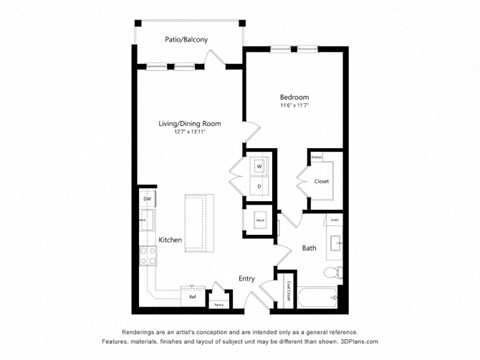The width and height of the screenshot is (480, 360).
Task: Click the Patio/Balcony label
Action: pyautogui.click(x=187, y=41)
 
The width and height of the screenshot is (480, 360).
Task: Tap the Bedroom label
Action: pyautogui.click(x=294, y=97)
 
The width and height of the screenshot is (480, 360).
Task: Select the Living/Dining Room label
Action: pyautogui.click(x=189, y=124)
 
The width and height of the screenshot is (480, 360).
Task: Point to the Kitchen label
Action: pyautogui.click(x=169, y=241)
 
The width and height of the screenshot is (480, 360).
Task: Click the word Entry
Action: pyautogui.click(x=246, y=278)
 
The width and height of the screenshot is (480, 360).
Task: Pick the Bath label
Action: pyautogui.click(x=309, y=248)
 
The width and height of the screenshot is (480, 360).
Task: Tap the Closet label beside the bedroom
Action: pyautogui.click(x=322, y=181)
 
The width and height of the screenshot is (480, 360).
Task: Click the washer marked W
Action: pyautogui.click(x=259, y=166)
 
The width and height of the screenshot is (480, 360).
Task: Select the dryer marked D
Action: pyautogui.click(x=259, y=185)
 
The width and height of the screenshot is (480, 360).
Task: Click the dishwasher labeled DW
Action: pyautogui.click(x=146, y=200)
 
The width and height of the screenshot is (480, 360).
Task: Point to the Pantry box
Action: pyautogui.click(x=218, y=300)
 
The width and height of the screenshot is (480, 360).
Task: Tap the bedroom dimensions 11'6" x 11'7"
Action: pyautogui.click(x=294, y=107)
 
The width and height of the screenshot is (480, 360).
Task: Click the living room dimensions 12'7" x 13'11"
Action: pyautogui.click(x=189, y=133)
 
